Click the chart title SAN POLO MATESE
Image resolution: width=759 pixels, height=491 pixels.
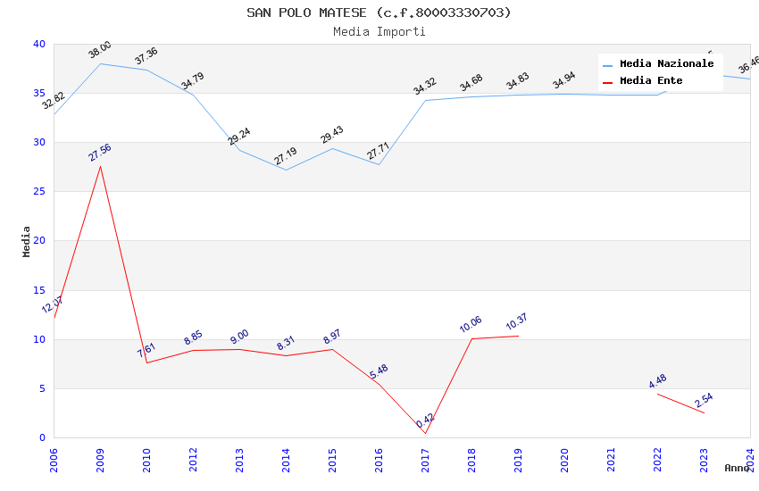[379, 12]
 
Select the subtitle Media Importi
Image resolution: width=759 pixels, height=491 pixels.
[379, 31]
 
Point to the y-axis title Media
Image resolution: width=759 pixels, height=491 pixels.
[27, 241]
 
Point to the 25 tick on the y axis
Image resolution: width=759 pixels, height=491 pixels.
[38, 192]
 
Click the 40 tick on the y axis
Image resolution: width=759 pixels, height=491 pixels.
[38, 45]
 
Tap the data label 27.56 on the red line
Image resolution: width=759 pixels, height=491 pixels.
[100, 153]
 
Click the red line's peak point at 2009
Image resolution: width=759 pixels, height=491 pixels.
[100, 166]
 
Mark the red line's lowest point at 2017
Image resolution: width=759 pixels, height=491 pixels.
[425, 434]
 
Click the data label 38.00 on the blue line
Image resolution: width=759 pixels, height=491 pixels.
[100, 50]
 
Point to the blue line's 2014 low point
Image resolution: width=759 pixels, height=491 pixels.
[286, 170]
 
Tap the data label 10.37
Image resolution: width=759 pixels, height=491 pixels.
[518, 322]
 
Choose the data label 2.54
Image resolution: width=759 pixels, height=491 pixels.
[704, 400]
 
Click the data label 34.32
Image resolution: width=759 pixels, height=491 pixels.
[425, 87]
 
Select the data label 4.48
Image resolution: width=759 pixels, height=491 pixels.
[657, 381]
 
